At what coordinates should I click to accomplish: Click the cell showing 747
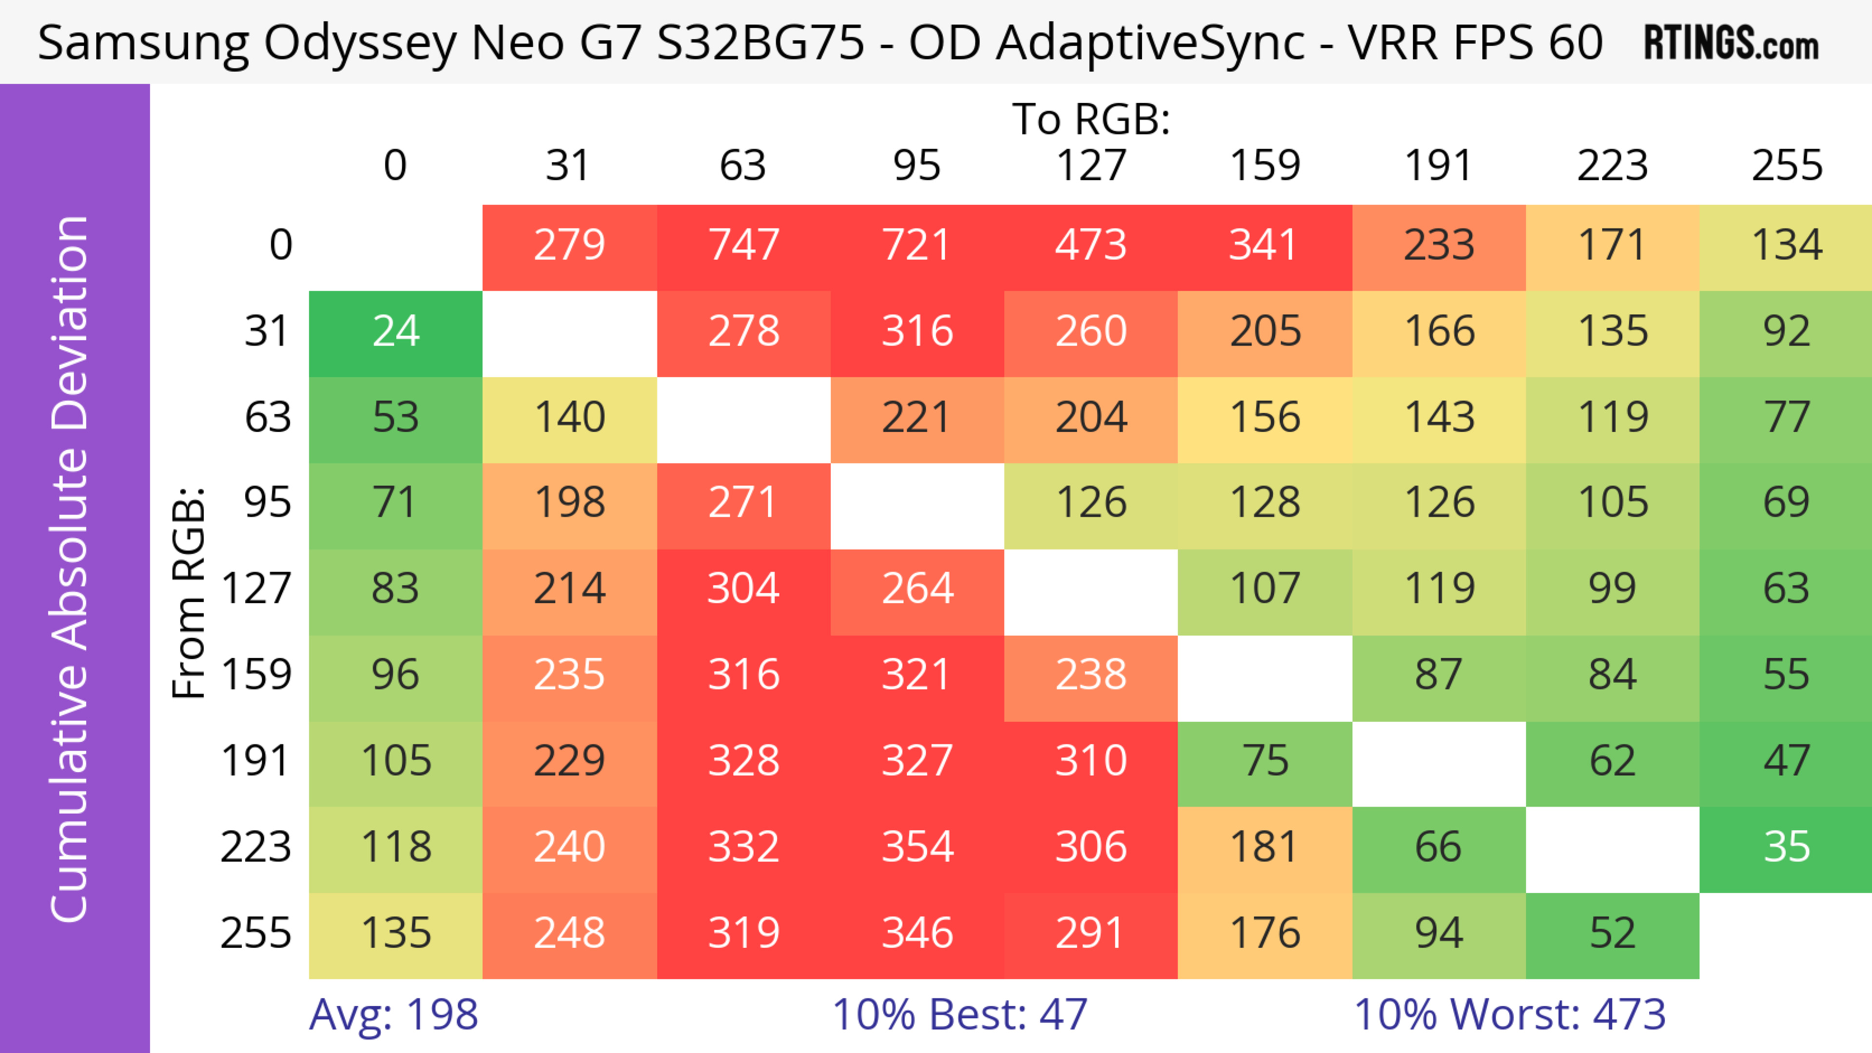coord(743,246)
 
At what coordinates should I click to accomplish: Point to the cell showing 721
coord(917,246)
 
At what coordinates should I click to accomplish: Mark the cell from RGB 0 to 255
coord(1786,246)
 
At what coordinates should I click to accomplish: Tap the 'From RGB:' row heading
coord(189,592)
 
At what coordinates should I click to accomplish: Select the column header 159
coord(1265,166)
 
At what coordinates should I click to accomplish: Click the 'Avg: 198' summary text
coord(393,1015)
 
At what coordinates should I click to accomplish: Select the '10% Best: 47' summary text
coord(959,1015)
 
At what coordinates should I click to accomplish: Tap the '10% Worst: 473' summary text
coord(1509,1015)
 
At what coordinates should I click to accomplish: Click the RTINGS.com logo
coord(1731,43)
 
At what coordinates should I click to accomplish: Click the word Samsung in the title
coord(142,43)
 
